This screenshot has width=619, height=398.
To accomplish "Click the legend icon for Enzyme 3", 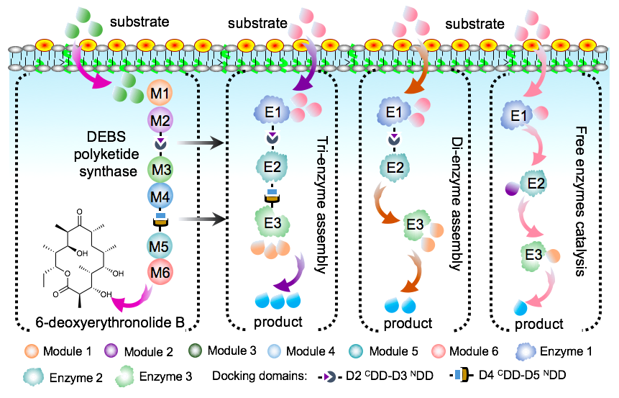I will [122, 375].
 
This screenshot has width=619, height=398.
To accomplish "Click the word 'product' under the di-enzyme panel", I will [408, 323].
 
